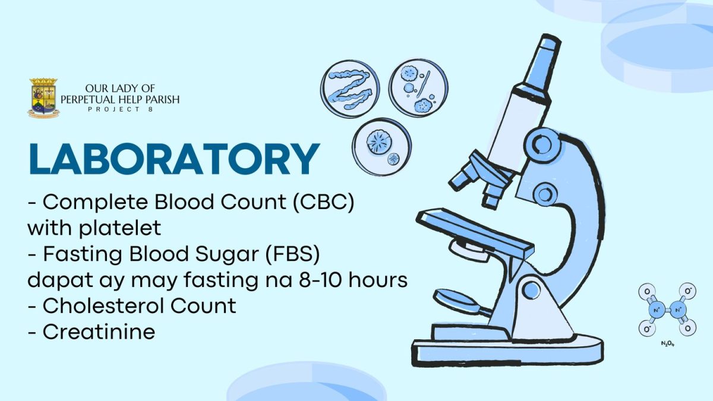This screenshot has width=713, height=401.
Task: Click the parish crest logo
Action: point(43,97)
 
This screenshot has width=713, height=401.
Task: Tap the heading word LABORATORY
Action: point(174,159)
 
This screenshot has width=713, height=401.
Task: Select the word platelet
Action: point(120,229)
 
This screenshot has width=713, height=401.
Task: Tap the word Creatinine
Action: point(99,332)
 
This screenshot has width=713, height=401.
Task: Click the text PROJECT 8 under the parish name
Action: point(120,109)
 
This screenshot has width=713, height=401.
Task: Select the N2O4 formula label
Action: point(668,344)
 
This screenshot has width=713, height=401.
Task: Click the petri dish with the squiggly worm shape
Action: point(350,90)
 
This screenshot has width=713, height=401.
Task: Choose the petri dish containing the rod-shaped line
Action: point(418,88)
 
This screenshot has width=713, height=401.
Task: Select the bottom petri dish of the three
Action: point(381,147)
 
